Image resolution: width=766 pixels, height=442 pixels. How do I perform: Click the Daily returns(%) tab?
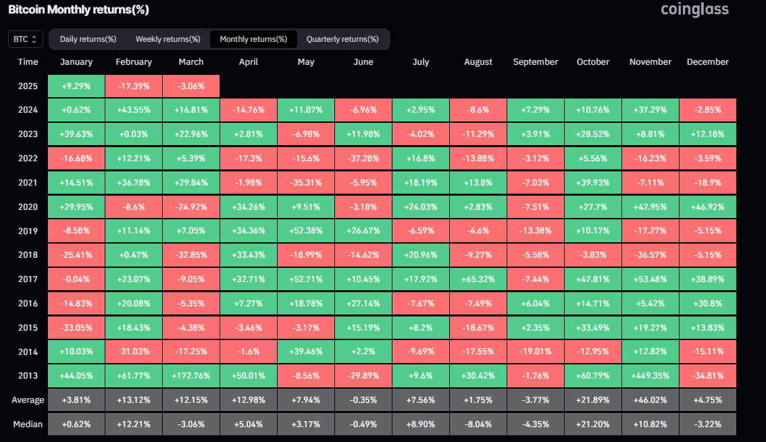click(x=88, y=39)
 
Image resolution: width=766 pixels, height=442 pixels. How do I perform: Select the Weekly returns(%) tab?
click(x=168, y=39)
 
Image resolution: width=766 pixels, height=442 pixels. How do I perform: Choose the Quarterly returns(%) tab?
click(x=343, y=39)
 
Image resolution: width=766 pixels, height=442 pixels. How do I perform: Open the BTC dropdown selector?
click(x=26, y=39)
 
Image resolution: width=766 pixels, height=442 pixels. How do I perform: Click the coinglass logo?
click(x=694, y=9)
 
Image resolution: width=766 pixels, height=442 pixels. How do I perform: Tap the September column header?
click(x=535, y=62)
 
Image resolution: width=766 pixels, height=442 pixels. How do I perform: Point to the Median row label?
click(x=28, y=424)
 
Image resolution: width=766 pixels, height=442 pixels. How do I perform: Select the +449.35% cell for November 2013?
click(x=650, y=376)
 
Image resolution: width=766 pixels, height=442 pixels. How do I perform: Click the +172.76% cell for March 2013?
click(x=191, y=376)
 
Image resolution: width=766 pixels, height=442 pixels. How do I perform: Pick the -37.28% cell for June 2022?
click(x=363, y=158)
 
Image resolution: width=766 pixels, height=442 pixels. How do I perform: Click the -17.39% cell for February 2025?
click(x=134, y=86)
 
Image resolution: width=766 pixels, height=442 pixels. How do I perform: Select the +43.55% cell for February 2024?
click(x=134, y=110)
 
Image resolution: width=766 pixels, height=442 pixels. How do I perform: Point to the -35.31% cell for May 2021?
click(x=306, y=183)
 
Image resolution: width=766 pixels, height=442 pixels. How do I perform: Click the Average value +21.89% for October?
click(x=592, y=400)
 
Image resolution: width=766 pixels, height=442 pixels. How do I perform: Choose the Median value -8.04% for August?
click(x=478, y=424)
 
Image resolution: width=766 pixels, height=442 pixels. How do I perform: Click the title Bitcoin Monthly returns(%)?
click(x=78, y=10)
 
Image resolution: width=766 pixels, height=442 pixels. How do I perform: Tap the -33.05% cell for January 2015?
click(x=76, y=328)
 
